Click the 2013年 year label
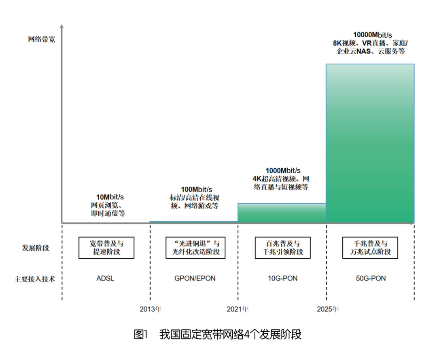coord(151,309)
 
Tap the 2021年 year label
coord(238,309)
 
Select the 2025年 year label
coord(328,309)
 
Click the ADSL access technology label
coord(105,278)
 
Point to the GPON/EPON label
coord(195,278)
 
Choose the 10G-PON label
coord(282,278)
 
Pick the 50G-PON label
coord(371,278)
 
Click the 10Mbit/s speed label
coord(110,197)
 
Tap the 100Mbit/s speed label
coord(197,190)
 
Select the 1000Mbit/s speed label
coord(283,170)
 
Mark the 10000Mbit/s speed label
coord(373,35)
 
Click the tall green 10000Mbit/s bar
coord(370,144)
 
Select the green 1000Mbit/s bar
coord(282,213)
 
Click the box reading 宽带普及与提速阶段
coord(106,248)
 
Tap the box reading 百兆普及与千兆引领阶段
coord(282,248)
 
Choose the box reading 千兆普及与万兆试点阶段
coord(370,248)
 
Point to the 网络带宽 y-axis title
coord(42,39)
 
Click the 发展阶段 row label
coord(36,248)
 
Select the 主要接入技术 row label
coord(35,279)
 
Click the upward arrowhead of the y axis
coord(62,26)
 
